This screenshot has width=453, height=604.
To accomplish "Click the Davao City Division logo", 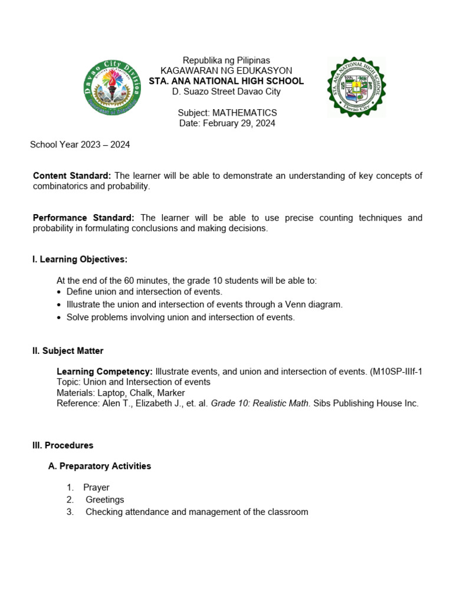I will pyautogui.click(x=112, y=87).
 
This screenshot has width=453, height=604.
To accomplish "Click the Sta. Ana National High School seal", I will pyautogui.click(x=356, y=87).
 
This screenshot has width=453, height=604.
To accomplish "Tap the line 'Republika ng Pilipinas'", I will pyautogui.click(x=226, y=60).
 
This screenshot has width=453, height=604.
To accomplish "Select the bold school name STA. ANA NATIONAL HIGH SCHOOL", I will pyautogui.click(x=226, y=81).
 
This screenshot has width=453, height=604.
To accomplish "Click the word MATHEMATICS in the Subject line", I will pyautogui.click(x=244, y=113).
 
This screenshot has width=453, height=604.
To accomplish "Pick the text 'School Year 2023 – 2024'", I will pyautogui.click(x=80, y=145).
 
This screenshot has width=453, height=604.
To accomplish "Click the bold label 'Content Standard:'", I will pyautogui.click(x=72, y=176).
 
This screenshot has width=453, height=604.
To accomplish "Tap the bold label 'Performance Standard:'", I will pyautogui.click(x=84, y=218).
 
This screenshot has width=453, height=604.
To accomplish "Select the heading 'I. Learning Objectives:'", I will pyautogui.click(x=80, y=260).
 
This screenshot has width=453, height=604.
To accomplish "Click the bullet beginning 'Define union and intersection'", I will pyautogui.click(x=144, y=291).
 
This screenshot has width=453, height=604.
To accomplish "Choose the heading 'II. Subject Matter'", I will pyautogui.click(x=68, y=351).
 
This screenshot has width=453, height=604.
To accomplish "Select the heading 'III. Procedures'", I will pyautogui.click(x=63, y=445).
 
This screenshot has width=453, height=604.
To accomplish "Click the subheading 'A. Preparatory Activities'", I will pyautogui.click(x=99, y=466).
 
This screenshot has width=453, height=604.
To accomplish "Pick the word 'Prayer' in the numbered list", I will pyautogui.click(x=96, y=487).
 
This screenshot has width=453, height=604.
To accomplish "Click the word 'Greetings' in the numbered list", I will pyautogui.click(x=105, y=500).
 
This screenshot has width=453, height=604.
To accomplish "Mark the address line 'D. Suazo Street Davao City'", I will pyautogui.click(x=226, y=92).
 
